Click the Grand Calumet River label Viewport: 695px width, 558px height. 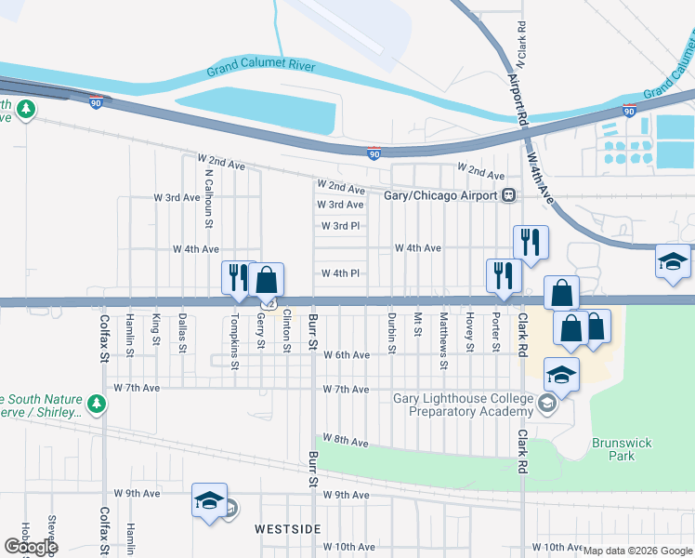(261, 67)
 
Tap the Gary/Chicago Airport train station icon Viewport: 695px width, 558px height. (509, 195)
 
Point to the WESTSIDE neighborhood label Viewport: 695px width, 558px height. (288, 528)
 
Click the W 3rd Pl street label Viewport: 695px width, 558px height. (340, 226)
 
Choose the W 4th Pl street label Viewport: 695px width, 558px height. (340, 273)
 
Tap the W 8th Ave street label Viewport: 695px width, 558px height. (345, 440)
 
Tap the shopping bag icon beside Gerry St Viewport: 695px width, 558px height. (266, 279)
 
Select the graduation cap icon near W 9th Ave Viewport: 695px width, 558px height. (209, 500)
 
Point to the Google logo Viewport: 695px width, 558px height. (30, 546)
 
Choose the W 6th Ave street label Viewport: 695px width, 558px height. (346, 355)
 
